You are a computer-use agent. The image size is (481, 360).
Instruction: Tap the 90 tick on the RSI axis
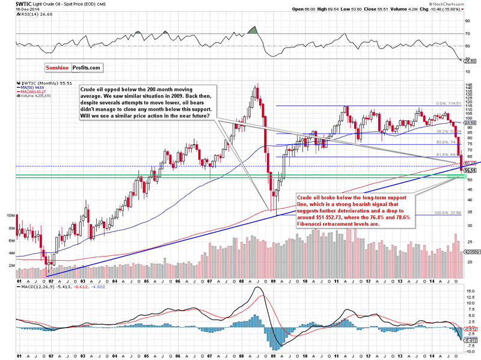467,20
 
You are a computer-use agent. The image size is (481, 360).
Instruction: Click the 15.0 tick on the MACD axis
468,291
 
